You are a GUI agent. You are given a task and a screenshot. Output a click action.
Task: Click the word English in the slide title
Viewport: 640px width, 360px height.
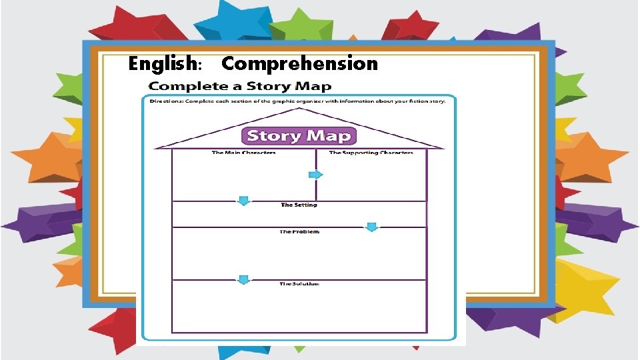163,64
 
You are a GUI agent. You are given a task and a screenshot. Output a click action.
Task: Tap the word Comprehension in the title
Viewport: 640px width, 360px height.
299,64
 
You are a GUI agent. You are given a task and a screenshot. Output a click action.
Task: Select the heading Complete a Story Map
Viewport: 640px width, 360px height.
239,87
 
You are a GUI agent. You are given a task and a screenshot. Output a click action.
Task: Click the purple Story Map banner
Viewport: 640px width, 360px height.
298,136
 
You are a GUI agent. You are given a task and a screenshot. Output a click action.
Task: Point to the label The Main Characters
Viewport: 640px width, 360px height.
243,153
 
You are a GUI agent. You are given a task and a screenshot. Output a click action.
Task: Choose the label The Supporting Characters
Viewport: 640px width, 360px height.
371,153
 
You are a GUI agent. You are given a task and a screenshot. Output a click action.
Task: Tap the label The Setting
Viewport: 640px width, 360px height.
299,205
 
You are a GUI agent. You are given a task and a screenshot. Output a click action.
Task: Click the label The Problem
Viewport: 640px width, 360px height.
299,232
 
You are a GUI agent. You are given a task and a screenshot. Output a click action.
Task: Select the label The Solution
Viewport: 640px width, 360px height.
299,284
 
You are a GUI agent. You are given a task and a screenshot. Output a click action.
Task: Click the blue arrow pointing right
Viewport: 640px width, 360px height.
315,175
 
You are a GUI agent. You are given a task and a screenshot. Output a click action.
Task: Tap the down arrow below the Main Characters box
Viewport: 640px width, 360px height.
244,201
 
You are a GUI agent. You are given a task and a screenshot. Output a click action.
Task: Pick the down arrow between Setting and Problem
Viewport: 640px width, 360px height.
372,227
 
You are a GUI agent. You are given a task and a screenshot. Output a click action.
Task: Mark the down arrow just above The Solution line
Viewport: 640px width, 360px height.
244,279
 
